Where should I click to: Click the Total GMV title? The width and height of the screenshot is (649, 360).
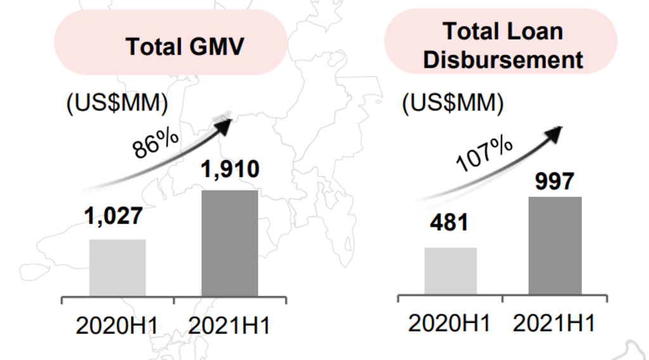point(184,46)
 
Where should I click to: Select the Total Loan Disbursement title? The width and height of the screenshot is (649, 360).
point(503,46)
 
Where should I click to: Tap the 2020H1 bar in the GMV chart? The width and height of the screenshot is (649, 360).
point(117,267)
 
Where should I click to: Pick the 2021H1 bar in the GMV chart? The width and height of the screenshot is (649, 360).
point(229,243)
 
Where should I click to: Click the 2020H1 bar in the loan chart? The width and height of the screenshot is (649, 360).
point(451,271)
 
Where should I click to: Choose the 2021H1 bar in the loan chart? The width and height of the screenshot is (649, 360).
point(555,246)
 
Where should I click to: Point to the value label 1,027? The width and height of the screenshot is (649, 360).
point(113,216)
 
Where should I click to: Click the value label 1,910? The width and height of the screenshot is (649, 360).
point(230,169)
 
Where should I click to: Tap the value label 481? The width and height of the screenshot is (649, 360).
point(449,222)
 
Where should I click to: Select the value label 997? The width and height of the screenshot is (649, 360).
point(555,181)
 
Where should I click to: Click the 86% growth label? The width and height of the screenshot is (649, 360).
point(156,144)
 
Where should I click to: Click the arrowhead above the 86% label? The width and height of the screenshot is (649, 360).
point(225,125)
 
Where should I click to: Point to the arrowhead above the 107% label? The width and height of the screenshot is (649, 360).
point(554,134)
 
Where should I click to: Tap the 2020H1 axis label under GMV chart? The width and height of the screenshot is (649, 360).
point(117,326)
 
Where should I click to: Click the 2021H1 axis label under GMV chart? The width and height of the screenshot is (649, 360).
point(229,326)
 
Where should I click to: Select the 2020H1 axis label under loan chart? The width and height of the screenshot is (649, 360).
point(449,323)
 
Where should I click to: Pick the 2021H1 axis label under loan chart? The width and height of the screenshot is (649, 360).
point(554,323)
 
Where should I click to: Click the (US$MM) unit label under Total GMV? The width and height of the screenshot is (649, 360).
point(117,103)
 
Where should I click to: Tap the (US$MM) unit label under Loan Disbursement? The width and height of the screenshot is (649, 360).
point(453,103)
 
